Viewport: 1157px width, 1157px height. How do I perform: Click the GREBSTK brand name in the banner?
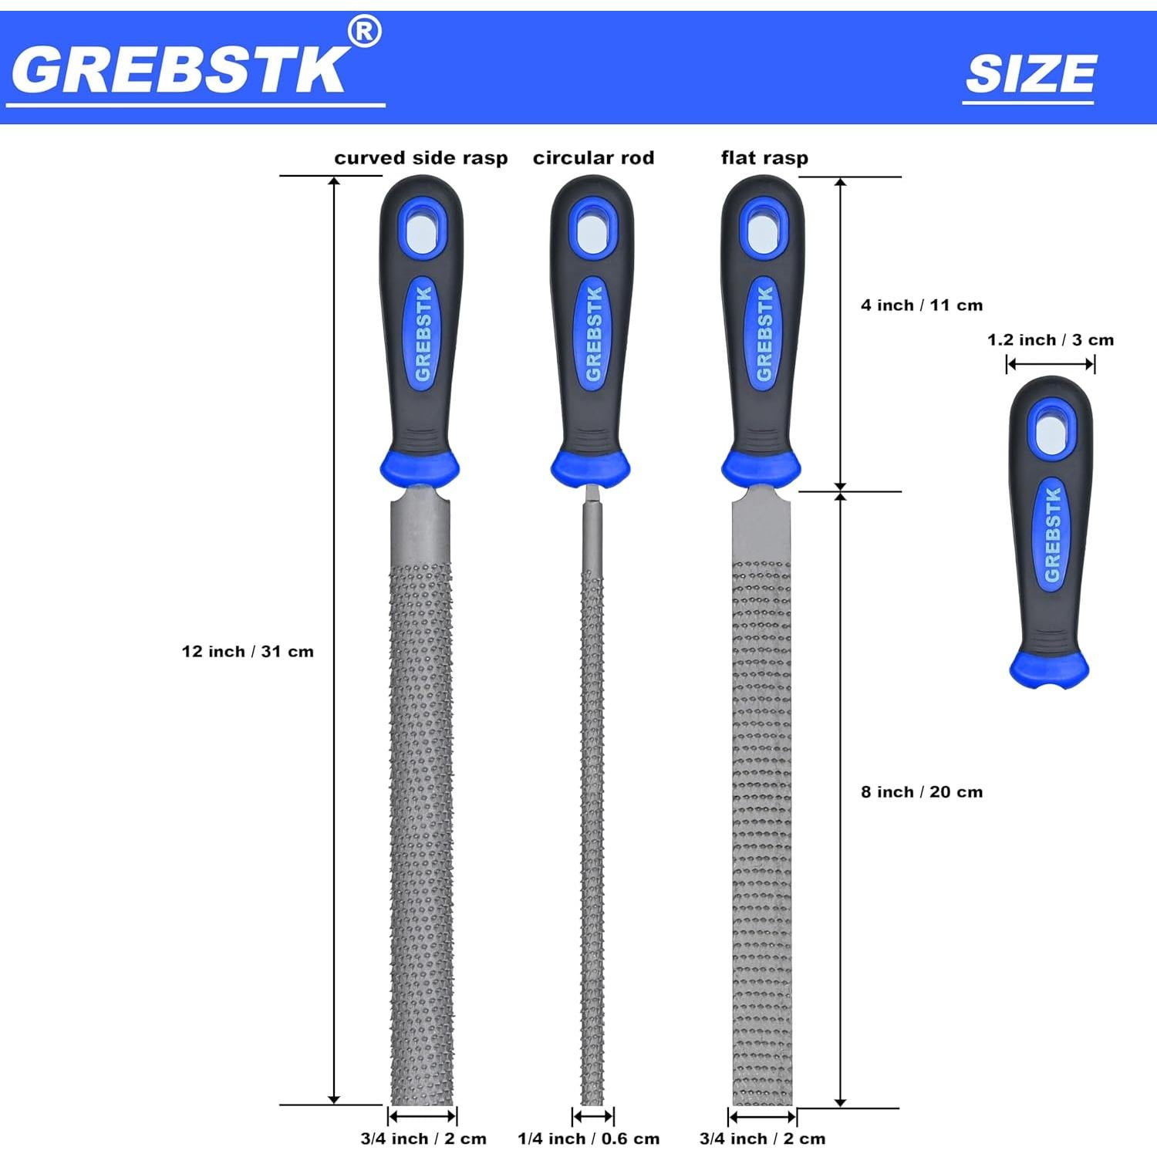point(179,69)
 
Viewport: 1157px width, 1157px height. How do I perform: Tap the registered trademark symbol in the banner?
point(364,32)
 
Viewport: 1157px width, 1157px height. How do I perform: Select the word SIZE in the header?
point(1030,74)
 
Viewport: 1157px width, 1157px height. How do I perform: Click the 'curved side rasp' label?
point(420,158)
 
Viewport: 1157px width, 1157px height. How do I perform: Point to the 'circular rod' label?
point(593,158)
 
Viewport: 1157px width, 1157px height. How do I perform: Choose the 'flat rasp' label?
point(764,158)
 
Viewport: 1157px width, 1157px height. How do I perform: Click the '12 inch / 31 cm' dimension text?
point(248,652)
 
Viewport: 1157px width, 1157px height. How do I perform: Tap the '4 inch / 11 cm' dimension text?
point(922,305)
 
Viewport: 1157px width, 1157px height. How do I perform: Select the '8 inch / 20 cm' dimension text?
point(922,792)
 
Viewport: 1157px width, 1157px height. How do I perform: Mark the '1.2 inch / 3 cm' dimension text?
point(1051,340)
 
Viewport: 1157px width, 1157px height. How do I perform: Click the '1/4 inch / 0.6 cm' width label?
point(589,1139)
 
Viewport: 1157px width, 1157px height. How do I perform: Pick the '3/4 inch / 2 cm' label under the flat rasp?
point(762,1139)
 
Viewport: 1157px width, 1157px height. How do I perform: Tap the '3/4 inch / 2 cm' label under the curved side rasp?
point(423,1139)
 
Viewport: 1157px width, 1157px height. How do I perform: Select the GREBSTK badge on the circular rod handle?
point(593,333)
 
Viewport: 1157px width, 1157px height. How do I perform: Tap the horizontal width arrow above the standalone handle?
point(1051,365)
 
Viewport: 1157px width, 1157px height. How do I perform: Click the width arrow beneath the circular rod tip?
point(593,1116)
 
